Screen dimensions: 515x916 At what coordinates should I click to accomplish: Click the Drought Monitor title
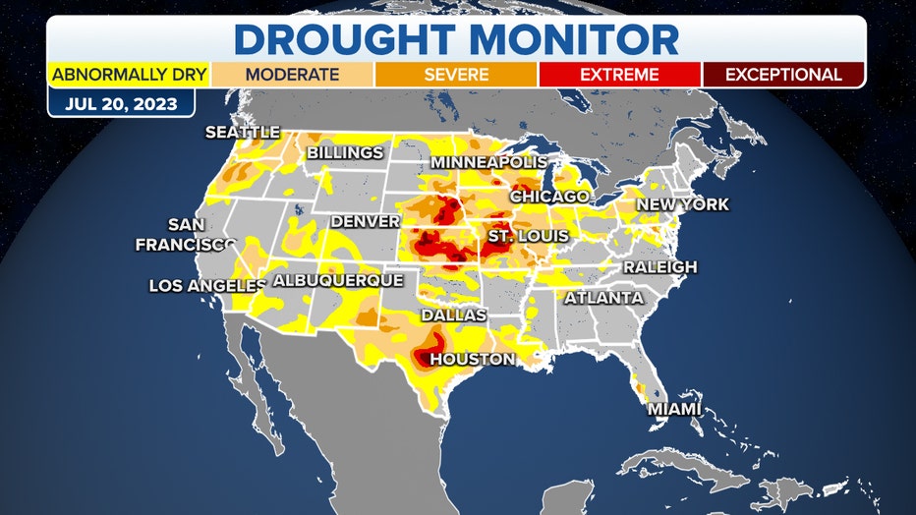(x=457, y=38)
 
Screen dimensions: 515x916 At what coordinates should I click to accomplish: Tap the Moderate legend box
(x=292, y=75)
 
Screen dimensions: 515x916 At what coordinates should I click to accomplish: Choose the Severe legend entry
(x=456, y=75)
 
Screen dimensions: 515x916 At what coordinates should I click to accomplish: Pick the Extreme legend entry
(x=619, y=75)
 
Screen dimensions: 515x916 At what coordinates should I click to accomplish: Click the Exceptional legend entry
(x=782, y=75)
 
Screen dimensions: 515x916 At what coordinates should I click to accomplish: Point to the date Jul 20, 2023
(x=121, y=103)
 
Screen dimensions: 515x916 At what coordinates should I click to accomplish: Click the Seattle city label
(x=242, y=132)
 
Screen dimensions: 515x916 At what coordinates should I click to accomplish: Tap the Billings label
(x=345, y=153)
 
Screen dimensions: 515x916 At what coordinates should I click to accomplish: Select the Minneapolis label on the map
(x=487, y=161)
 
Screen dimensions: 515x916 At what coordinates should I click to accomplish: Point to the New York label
(x=683, y=204)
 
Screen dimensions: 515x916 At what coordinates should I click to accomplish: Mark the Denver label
(x=365, y=221)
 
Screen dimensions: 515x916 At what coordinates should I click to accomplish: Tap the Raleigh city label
(x=659, y=266)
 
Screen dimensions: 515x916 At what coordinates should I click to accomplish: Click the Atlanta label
(x=603, y=297)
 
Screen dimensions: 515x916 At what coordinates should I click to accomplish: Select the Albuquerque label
(x=337, y=281)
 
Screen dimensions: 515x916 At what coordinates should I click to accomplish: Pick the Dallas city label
(x=453, y=315)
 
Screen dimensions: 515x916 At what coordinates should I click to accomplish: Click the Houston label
(x=472, y=359)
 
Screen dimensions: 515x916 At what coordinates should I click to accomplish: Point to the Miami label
(x=674, y=408)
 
